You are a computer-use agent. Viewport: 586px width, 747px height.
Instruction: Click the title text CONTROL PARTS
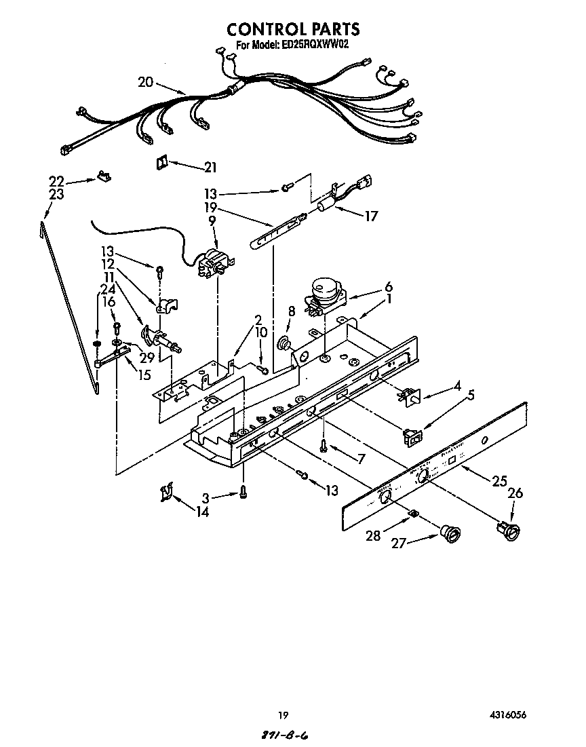292,29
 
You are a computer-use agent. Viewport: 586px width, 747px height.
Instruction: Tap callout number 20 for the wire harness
145,82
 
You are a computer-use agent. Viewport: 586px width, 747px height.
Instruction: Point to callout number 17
370,216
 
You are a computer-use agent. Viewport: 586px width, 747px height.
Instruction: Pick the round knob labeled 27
448,533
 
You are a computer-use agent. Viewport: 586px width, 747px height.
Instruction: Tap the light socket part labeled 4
408,396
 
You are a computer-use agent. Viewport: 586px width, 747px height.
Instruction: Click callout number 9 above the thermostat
212,221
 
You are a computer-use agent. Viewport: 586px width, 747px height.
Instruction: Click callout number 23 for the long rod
56,195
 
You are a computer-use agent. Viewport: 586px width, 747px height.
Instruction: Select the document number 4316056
508,714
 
